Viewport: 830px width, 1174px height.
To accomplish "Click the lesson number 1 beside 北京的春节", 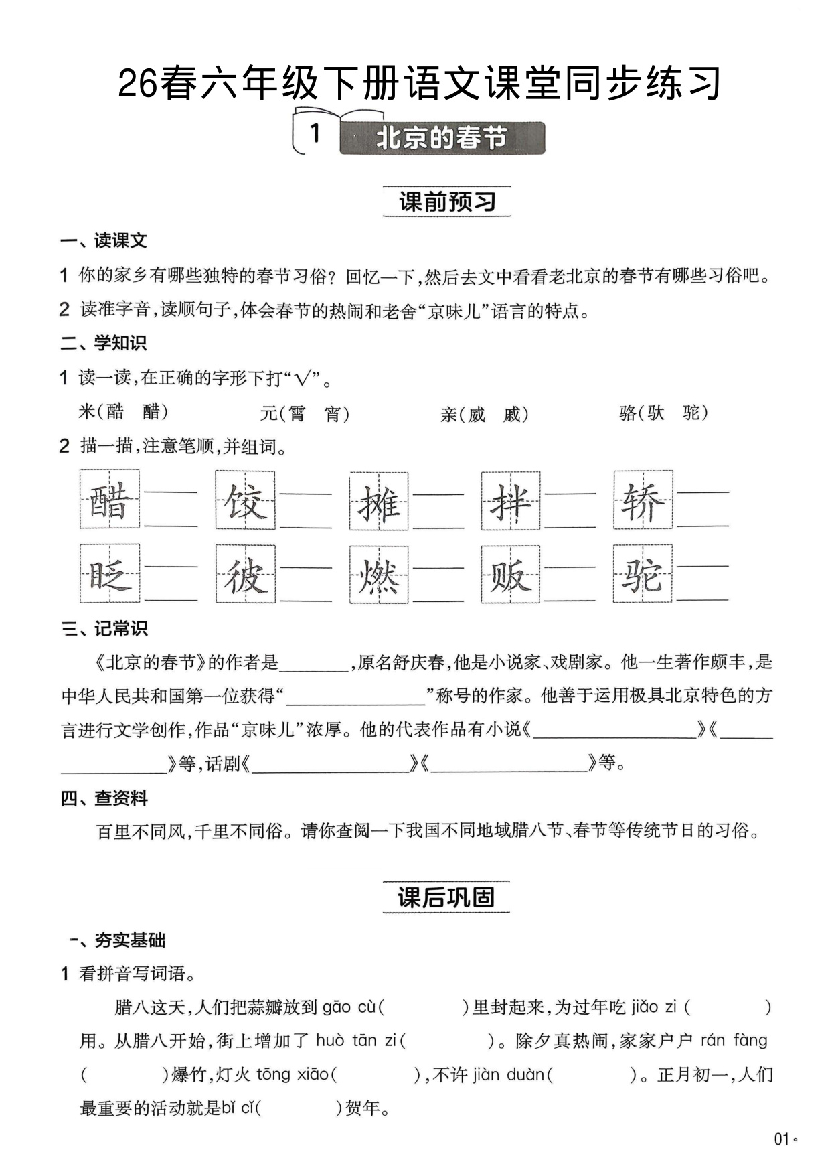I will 315,134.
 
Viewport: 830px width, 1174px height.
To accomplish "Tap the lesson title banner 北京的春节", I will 442,138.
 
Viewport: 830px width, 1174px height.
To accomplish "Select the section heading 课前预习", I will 446,202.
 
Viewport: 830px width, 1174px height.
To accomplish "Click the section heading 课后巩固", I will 446,897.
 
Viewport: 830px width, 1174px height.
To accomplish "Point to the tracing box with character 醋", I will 110,500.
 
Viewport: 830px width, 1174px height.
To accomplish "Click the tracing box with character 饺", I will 245,500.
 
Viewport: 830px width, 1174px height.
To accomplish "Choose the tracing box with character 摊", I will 379,500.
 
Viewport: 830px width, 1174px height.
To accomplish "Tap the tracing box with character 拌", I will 511,500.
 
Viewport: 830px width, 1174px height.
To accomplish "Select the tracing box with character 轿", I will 643,500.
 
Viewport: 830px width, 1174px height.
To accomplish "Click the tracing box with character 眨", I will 110,574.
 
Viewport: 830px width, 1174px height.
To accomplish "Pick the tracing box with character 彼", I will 245,574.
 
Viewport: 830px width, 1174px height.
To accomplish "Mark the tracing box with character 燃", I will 379,574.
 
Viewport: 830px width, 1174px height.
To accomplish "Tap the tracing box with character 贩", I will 511,574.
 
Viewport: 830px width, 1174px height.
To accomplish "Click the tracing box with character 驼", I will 643,574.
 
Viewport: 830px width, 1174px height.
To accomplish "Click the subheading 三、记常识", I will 104,629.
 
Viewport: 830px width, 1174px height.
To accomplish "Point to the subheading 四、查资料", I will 104,798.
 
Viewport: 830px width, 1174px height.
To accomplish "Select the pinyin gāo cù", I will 349,1007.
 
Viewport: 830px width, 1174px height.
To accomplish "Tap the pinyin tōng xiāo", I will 292,1075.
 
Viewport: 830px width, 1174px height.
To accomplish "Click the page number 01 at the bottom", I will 781,1139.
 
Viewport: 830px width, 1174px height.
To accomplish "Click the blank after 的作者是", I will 315,664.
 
